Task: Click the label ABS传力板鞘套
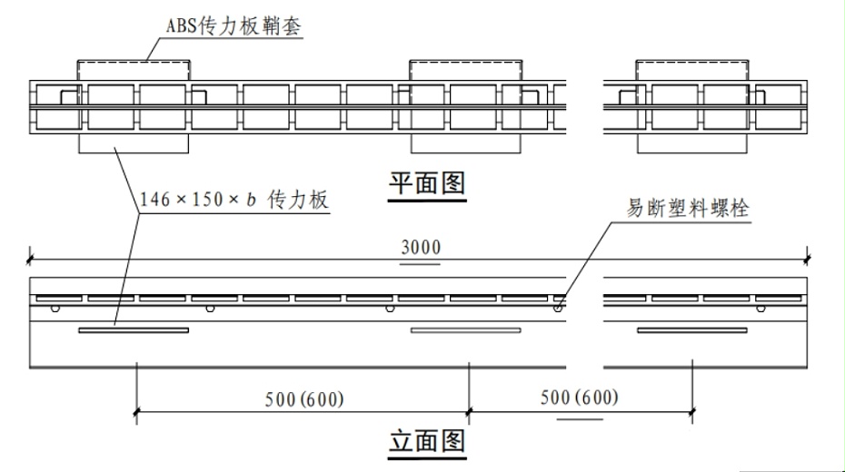tap(234, 25)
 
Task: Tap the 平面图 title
tap(427, 183)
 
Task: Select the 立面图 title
tap(427, 441)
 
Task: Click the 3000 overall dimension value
tap(421, 248)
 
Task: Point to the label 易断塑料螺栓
tap(688, 208)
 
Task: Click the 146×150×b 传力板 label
tap(234, 200)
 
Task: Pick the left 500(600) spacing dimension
tap(304, 399)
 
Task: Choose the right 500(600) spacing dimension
tap(580, 398)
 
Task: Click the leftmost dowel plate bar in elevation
tap(134, 330)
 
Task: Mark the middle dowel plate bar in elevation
tap(465, 330)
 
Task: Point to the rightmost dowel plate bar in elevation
tap(692, 330)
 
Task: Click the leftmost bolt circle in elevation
tap(55, 309)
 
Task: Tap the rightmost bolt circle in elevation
tap(760, 309)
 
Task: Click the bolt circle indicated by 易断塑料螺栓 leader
tap(558, 309)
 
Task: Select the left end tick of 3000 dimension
tap(29, 260)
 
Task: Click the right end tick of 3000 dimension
tap(807, 260)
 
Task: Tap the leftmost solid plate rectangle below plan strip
tap(134, 143)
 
